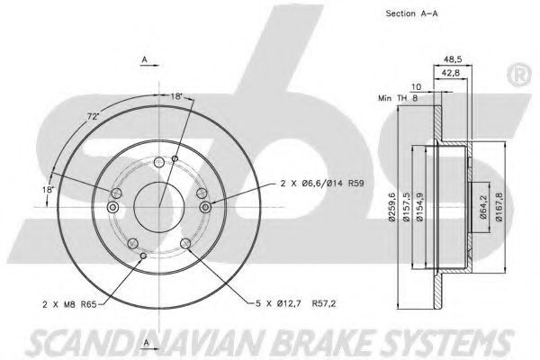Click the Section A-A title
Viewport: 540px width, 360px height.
pos(411,13)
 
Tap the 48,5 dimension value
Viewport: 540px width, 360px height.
pos(453,58)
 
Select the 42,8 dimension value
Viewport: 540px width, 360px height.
pos(451,73)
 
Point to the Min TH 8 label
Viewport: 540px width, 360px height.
pos(398,98)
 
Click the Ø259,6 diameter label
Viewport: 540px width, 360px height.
pos(391,207)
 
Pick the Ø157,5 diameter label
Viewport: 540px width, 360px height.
pos(406,207)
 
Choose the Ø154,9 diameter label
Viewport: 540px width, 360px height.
pos(419,207)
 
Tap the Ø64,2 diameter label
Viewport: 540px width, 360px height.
pos(483,207)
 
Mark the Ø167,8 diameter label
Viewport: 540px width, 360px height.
pos(499,207)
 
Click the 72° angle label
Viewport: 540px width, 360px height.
pos(93,116)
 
